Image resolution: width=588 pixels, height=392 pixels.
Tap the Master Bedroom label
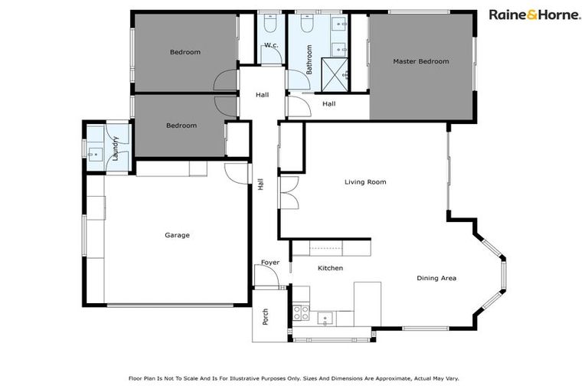[420, 61]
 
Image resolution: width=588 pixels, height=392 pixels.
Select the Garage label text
[177, 235]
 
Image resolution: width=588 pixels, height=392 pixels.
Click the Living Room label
[364, 182]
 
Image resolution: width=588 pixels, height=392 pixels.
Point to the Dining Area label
[436, 278]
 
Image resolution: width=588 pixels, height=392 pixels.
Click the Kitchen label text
[330, 268]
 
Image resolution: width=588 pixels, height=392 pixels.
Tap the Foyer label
[270, 263]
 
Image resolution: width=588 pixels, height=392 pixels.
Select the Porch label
[266, 317]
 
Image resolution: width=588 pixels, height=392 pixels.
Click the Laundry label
[116, 148]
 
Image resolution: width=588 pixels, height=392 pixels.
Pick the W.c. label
[270, 46]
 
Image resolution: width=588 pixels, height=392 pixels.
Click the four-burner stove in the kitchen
[299, 312]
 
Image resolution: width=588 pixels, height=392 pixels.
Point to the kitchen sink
[325, 316]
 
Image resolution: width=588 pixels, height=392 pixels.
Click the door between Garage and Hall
[239, 173]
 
